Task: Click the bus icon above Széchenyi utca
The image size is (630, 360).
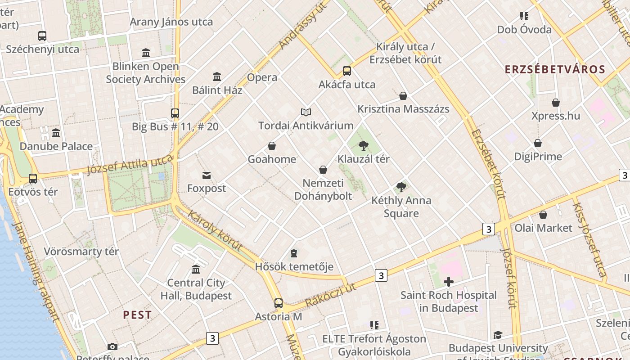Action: pos(42,36)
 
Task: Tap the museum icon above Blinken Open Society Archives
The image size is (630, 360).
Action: pos(146,53)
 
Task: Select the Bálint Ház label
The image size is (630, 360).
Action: pos(217,90)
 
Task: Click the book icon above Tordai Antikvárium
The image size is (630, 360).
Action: pos(306,112)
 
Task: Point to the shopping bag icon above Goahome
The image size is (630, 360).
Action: pos(272,146)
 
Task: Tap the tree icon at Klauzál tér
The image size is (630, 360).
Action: pos(364,146)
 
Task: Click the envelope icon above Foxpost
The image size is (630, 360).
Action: pos(207,175)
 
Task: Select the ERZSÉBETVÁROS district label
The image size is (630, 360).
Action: pos(555,69)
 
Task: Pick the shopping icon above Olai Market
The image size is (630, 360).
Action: pos(543,215)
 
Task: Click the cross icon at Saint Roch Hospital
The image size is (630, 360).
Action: pos(449,282)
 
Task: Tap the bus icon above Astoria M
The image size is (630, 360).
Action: pos(279,303)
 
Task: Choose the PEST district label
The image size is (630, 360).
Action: pos(137,315)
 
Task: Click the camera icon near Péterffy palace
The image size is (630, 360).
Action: pos(112,346)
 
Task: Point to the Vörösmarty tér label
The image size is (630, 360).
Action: pos(81,252)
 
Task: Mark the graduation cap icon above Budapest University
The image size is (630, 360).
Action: pos(498,335)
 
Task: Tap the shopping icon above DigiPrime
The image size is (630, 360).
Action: pos(538,144)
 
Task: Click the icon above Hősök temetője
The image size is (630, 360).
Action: pos(294,253)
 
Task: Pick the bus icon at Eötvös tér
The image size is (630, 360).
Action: pos(33,179)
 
